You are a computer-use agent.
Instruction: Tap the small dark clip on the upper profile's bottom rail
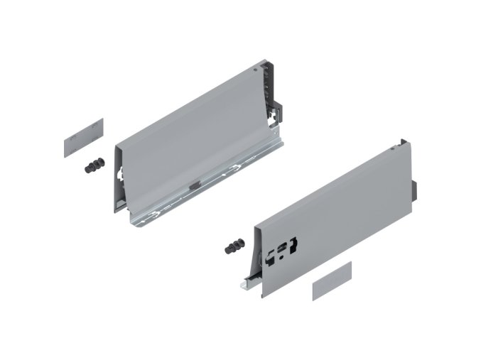point(194,184)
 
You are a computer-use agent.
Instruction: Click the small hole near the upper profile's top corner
point(256,72)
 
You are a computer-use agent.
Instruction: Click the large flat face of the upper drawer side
point(192,128)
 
